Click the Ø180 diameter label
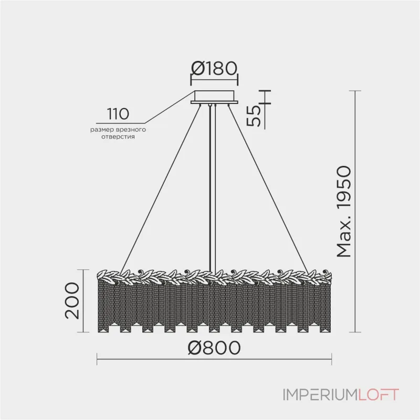point(214,68)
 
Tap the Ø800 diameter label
point(214,348)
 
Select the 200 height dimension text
point(72,300)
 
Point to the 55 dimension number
point(254,115)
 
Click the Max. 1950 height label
point(344,212)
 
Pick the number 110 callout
point(118,114)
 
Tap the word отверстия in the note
point(118,136)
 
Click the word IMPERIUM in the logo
point(320,395)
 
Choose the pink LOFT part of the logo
point(379,395)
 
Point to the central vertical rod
point(212,188)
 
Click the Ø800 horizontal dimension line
point(214,360)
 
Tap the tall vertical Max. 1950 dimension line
point(355,212)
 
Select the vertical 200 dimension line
point(83,301)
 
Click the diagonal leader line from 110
point(170,107)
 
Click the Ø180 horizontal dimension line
point(214,80)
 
